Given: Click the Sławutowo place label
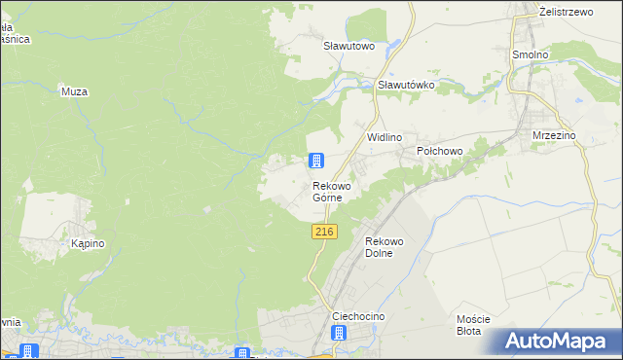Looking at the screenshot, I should (x=348, y=45).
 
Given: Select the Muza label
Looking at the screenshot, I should (x=74, y=91).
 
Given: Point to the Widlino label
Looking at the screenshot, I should (x=384, y=138).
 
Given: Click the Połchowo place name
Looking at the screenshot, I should (x=439, y=152).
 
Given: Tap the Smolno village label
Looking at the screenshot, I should (x=531, y=55).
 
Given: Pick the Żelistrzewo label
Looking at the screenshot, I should (x=567, y=13).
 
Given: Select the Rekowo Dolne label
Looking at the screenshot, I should (x=383, y=247).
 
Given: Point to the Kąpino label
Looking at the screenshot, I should (x=88, y=244).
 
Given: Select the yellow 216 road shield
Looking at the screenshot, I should (x=325, y=232).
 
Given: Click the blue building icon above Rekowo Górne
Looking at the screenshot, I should (x=316, y=162).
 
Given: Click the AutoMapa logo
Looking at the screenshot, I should (x=561, y=342).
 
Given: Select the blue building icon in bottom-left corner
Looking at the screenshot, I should (x=27, y=352).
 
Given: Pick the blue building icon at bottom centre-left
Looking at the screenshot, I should (x=242, y=354).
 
